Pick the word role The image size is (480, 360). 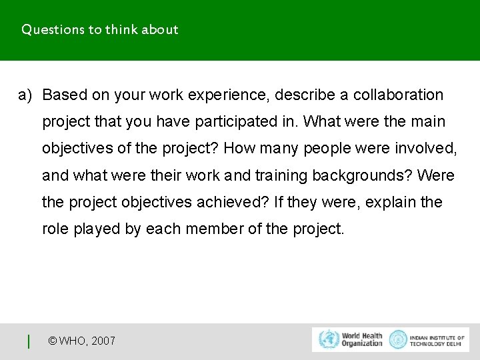tap(55, 229)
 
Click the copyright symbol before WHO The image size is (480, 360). tap(53, 341)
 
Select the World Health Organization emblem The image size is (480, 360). tap(329, 339)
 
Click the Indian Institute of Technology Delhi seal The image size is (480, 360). tap(398, 339)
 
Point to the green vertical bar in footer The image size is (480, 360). tap(29, 341)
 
